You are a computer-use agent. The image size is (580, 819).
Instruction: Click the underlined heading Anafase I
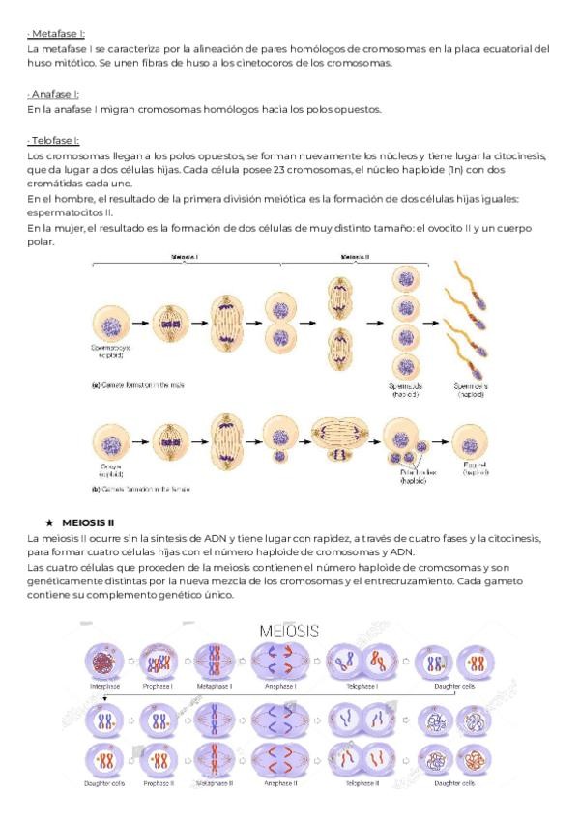[55, 94]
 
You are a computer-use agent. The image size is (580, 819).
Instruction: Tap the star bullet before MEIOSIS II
[48, 522]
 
